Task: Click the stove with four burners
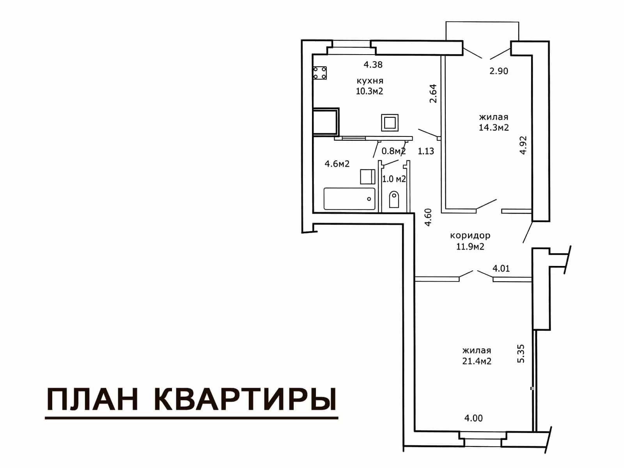tap(319, 73)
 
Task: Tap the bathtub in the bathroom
tap(349, 199)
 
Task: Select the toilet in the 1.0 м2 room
tap(394, 199)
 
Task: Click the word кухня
tap(370, 81)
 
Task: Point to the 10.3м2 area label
tap(370, 91)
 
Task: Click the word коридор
tap(470, 236)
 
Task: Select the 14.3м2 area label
tap(494, 128)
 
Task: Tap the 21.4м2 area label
tap(477, 361)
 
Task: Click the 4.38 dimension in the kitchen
tap(373, 65)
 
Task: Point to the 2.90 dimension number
tap(499, 71)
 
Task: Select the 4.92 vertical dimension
tap(523, 145)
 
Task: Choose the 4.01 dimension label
tap(501, 269)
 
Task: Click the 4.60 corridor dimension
tap(428, 217)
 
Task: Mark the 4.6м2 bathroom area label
tap(337, 164)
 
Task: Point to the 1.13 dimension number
tap(426, 151)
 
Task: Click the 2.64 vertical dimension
tap(433, 94)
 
